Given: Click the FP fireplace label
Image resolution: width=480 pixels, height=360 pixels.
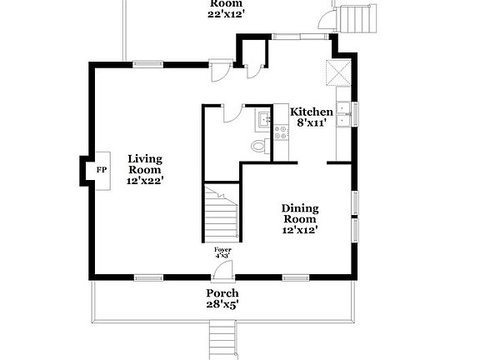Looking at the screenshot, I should [x=102, y=170].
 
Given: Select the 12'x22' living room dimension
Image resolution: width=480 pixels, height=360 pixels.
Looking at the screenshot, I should [x=144, y=179].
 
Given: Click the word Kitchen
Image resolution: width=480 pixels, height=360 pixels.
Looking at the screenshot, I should [x=311, y=112].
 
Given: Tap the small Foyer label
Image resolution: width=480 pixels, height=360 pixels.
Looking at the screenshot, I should [x=222, y=250].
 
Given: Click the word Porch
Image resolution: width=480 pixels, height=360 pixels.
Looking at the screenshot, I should [x=222, y=293].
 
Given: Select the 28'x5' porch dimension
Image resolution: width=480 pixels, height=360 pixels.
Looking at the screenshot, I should [x=222, y=305].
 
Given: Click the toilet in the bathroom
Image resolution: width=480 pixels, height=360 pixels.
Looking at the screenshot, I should [x=259, y=147].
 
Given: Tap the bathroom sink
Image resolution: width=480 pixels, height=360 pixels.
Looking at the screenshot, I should [x=263, y=120].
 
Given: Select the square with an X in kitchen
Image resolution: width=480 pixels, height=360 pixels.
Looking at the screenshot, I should [x=337, y=72].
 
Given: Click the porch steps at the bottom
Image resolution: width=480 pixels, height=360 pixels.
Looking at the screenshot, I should [x=221, y=340].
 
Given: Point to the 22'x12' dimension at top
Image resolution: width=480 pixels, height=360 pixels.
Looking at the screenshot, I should [x=227, y=14].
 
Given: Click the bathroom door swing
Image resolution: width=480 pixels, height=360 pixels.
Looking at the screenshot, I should [x=231, y=114].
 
